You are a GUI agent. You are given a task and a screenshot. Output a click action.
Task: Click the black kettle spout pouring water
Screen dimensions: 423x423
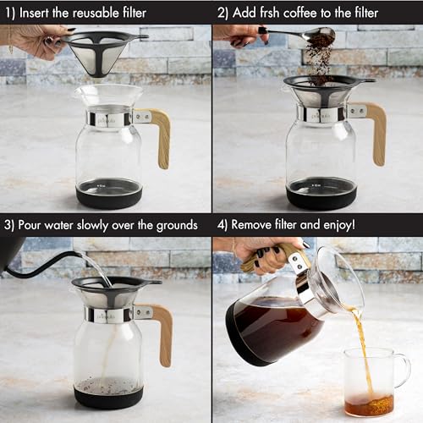point(59,262)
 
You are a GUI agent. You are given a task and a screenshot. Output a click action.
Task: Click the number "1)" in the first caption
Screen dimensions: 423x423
point(9,13)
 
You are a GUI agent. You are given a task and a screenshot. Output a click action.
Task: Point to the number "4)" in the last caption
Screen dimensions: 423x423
point(222,225)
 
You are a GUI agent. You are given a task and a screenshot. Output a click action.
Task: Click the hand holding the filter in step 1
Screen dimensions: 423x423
point(34,39)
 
